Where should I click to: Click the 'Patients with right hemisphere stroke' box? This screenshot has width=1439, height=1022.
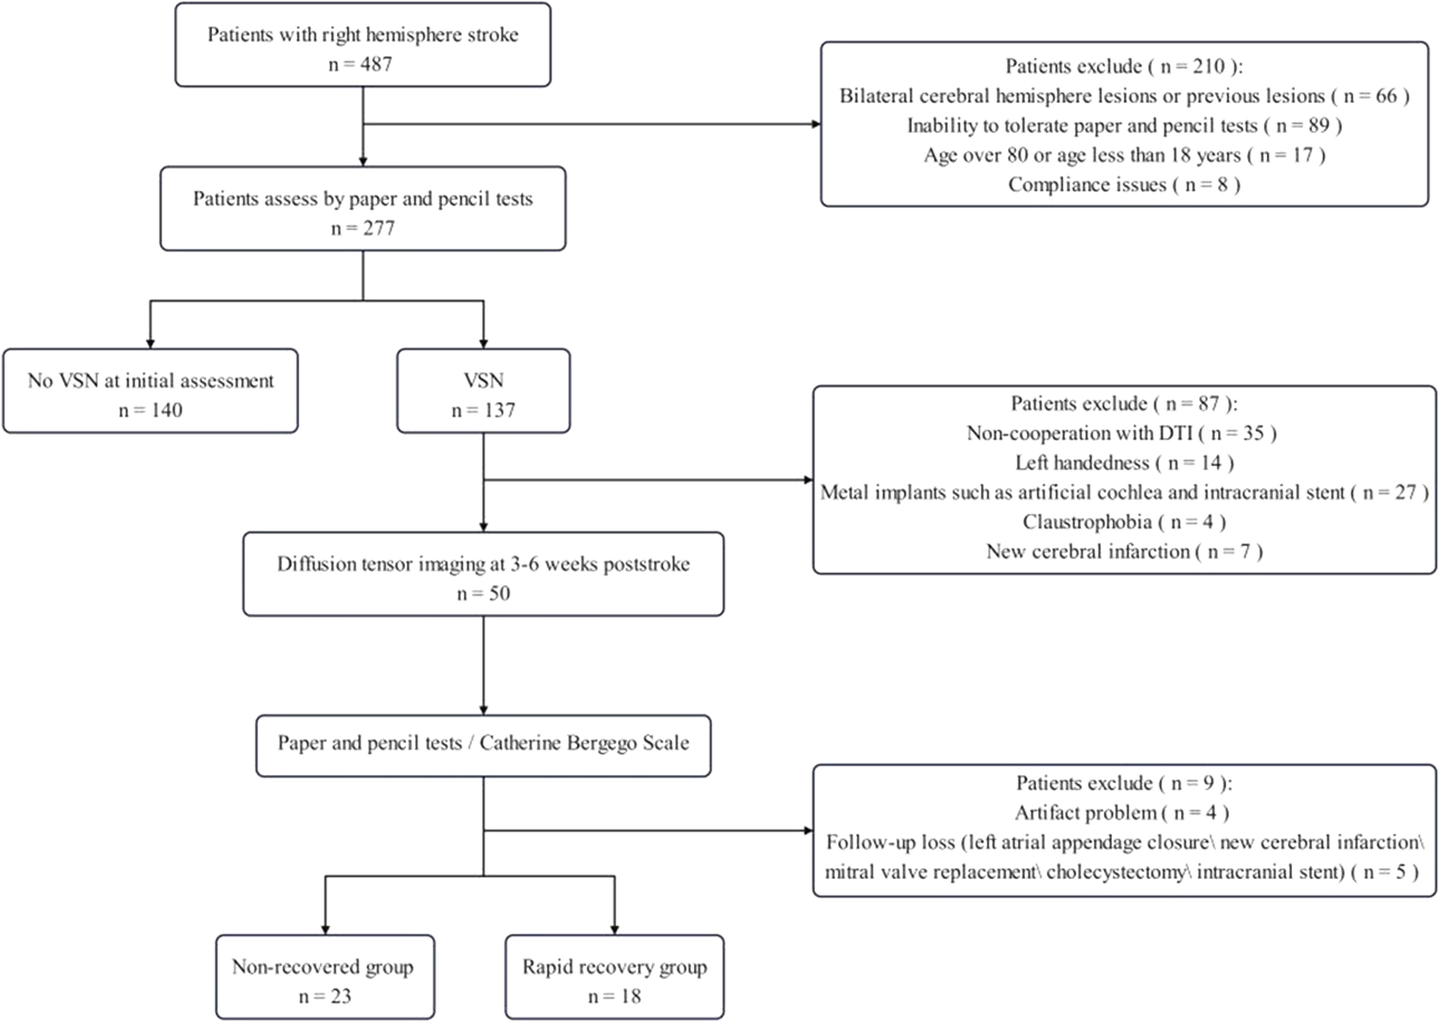(363, 45)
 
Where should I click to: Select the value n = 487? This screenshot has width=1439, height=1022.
(360, 64)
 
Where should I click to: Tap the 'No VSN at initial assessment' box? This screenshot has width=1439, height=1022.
(150, 391)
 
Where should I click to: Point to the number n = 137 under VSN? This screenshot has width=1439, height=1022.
(484, 410)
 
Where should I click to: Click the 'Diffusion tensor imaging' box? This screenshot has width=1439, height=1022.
(484, 574)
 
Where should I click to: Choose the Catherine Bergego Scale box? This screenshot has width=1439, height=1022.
(484, 745)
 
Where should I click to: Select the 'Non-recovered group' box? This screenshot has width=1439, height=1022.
(325, 976)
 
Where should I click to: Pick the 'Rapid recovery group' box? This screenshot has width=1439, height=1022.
(615, 976)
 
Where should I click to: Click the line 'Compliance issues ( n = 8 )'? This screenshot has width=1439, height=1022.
(1124, 185)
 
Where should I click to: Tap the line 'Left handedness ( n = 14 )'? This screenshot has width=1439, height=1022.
(1124, 463)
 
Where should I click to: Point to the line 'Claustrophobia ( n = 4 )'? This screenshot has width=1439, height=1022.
(1124, 521)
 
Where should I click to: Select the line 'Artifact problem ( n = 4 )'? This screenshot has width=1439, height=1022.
(1122, 813)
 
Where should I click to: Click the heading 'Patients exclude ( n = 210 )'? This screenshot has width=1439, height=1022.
(1124, 66)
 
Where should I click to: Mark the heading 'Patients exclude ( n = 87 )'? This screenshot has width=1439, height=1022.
(1124, 404)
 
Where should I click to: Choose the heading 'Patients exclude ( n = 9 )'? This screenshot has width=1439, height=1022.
(1124, 783)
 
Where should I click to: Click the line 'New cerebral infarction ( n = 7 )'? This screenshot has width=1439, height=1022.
(1124, 552)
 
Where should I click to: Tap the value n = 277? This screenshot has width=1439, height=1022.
(363, 228)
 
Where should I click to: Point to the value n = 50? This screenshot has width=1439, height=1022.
(484, 594)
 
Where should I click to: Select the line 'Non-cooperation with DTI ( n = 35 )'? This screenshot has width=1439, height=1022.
(1121, 433)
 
